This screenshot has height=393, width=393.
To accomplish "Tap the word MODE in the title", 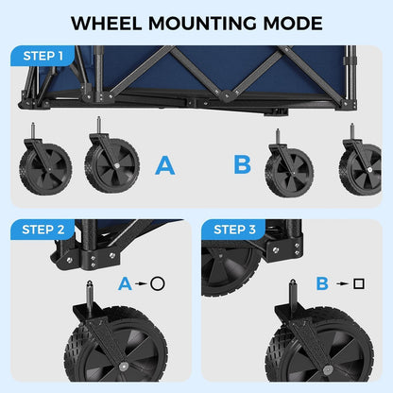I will [x=292, y=23].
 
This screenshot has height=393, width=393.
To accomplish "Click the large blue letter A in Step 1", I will [x=165, y=166].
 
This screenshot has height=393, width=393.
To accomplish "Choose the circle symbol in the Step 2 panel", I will [x=157, y=282].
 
